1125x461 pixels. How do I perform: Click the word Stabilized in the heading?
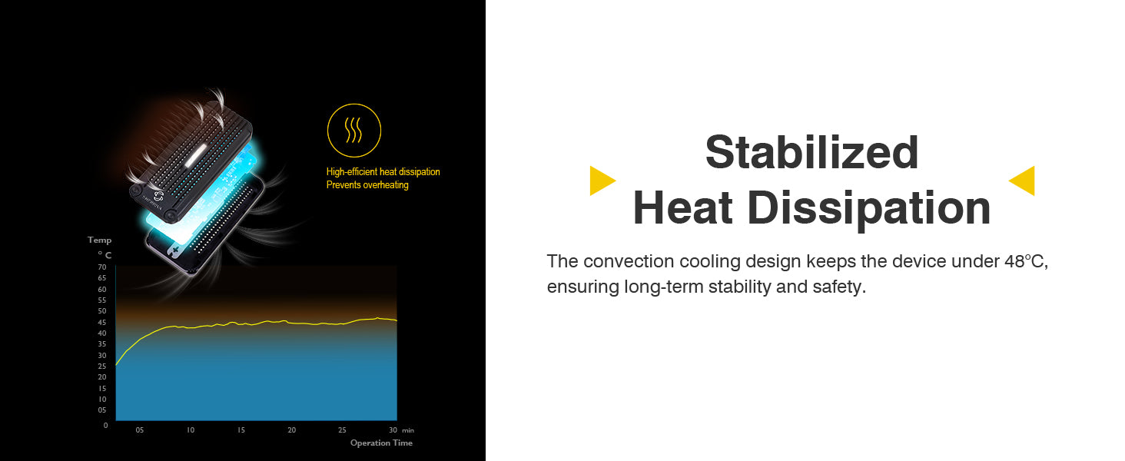pyautogui.click(x=811, y=152)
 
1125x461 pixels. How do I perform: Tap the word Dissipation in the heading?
pyautogui.click(x=869, y=207)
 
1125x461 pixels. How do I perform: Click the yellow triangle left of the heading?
pyautogui.click(x=602, y=181)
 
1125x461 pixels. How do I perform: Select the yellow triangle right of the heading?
pyautogui.click(x=1022, y=181)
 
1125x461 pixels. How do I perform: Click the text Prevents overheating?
pyautogui.click(x=367, y=185)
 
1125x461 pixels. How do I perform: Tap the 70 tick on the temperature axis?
pyautogui.click(x=102, y=267)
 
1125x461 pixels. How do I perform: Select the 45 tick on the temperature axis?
pyautogui.click(x=102, y=323)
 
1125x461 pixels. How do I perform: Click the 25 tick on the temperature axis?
pyautogui.click(x=102, y=366)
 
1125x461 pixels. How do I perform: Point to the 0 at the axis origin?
pyautogui.click(x=105, y=426)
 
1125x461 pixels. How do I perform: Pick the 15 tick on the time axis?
pyautogui.click(x=241, y=429)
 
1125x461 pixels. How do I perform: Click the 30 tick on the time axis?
pyautogui.click(x=393, y=429)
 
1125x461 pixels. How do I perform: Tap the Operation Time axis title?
pyautogui.click(x=381, y=443)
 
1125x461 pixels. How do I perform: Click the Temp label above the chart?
pyautogui.click(x=99, y=240)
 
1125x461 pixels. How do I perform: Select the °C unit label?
pyautogui.click(x=105, y=255)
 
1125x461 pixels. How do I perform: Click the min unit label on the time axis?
pyautogui.click(x=408, y=430)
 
